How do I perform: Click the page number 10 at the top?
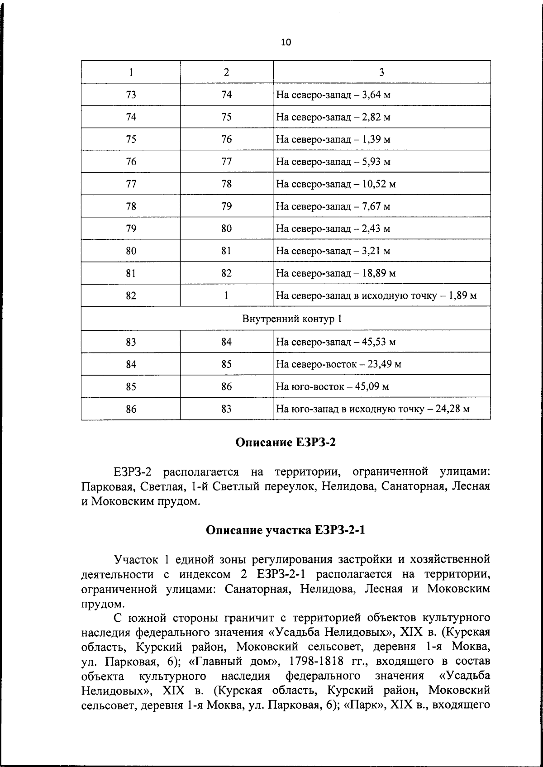[286, 43]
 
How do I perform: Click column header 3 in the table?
[381, 72]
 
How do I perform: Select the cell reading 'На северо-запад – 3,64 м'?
[333, 95]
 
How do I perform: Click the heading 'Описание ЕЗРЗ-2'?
[286, 442]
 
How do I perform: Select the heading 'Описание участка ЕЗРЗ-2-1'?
[286, 530]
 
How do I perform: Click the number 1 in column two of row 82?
[226, 296]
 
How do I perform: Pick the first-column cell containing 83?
[131, 342]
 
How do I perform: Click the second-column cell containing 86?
[226, 387]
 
